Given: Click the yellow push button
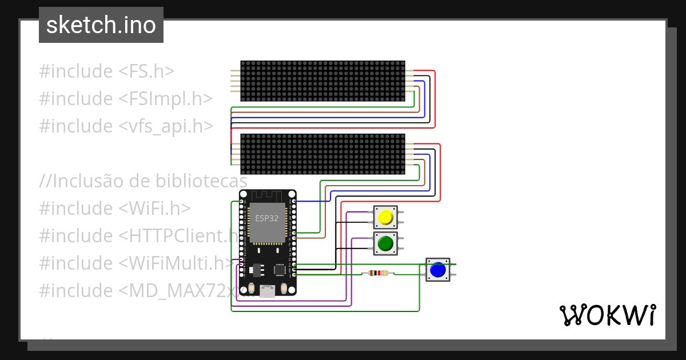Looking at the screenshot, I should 385,218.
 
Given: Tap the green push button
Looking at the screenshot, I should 385,243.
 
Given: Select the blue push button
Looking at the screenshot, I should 438,270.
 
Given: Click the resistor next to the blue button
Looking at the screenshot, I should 378,273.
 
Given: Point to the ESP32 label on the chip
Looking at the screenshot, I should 266,218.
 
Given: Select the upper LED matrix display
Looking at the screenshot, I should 322,81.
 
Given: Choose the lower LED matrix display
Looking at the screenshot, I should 322,154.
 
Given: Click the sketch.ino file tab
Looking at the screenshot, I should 101,25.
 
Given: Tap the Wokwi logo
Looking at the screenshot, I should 607,315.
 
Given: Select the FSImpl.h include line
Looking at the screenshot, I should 126,98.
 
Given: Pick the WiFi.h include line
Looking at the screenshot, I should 114,208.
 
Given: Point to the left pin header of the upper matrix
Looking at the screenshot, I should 235,81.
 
